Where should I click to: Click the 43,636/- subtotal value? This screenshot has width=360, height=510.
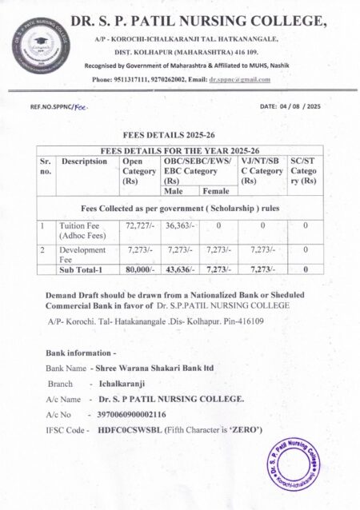click(178, 271)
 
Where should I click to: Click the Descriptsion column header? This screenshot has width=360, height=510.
click(84, 161)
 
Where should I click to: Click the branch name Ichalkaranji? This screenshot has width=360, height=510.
click(118, 384)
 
